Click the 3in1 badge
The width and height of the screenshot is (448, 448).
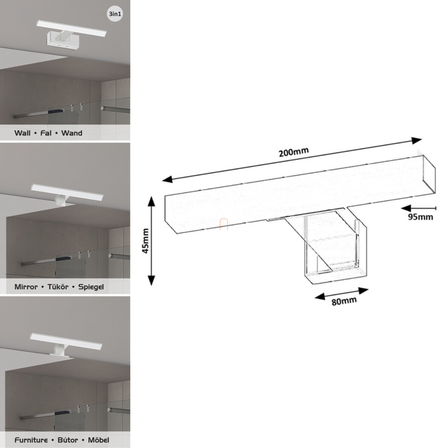115,14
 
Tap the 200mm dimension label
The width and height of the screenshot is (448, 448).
294,152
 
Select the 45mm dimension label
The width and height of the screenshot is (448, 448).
146,241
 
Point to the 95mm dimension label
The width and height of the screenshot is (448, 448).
420,217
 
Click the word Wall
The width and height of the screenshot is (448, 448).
22,133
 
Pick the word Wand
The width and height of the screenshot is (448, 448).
72,133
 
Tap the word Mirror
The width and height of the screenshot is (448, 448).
26,287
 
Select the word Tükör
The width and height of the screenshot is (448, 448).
58,287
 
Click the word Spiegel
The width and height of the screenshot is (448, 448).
91,287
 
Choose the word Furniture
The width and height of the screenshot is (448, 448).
31,440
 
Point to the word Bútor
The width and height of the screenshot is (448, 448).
68,440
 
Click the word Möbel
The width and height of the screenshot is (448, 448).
99,440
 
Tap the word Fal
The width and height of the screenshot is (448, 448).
46,133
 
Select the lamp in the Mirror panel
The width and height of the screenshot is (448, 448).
67,194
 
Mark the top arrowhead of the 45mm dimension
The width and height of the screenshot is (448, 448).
151,201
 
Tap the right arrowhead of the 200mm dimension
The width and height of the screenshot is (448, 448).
417,140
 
